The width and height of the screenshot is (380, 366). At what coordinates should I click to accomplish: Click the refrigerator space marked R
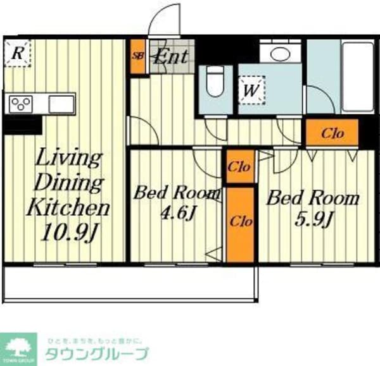(x=17, y=54)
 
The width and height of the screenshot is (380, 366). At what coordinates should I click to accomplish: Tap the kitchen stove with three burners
(x=22, y=104)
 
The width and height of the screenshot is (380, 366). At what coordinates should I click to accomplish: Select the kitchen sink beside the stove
(x=61, y=103)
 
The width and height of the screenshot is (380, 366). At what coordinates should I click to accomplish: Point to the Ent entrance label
(x=172, y=56)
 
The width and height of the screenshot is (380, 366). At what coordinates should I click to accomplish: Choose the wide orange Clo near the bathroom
(x=332, y=133)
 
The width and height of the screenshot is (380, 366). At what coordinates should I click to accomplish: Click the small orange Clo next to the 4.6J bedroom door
(x=239, y=167)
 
